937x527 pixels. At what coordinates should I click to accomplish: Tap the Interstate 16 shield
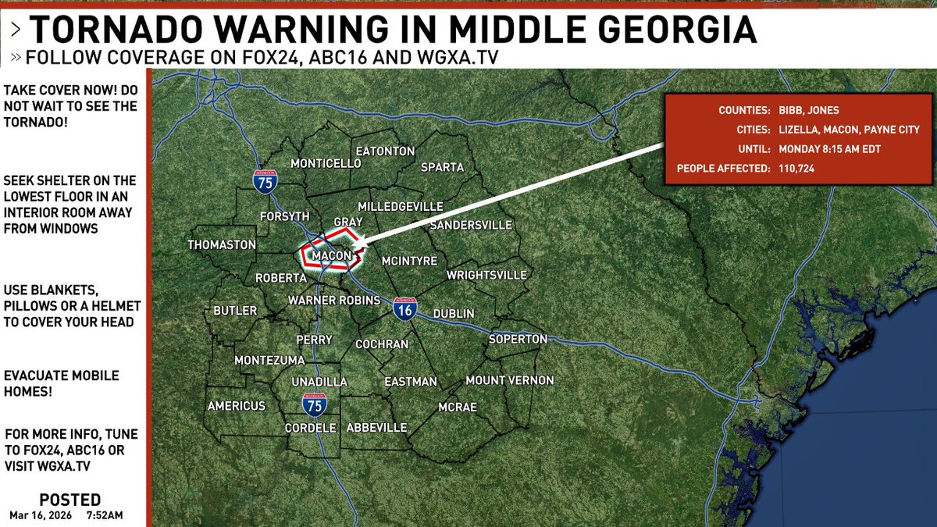(x=404, y=308)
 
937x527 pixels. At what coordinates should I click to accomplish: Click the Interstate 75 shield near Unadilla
(x=315, y=404)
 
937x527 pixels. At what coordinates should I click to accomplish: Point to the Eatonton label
(x=385, y=151)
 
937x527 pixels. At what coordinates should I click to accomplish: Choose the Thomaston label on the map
(x=222, y=244)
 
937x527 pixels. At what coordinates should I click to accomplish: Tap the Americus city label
(x=237, y=406)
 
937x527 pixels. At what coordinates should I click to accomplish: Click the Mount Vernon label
(x=509, y=380)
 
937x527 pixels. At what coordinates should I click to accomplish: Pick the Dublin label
(x=454, y=313)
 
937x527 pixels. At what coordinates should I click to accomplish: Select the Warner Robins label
(x=334, y=300)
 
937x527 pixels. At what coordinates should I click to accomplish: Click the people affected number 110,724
(x=796, y=168)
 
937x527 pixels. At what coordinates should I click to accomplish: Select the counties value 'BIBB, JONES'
(x=811, y=110)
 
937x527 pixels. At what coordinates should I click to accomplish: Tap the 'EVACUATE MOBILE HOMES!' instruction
(x=62, y=383)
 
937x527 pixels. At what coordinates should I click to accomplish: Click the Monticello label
(x=326, y=163)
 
